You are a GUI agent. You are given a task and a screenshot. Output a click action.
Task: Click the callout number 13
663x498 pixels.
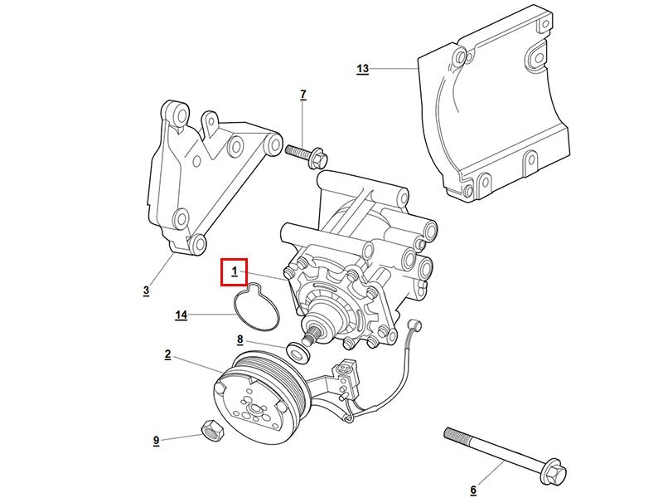362,69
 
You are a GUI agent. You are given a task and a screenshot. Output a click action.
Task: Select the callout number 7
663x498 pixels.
302,95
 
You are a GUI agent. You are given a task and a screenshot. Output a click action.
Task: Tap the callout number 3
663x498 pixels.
146,290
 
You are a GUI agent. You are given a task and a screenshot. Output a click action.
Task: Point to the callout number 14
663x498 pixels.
181,315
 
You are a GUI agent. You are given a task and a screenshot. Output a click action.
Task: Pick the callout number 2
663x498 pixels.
167,354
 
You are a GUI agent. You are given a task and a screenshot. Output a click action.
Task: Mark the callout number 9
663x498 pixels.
156,440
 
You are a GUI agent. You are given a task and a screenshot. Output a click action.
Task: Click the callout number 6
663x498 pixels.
473,490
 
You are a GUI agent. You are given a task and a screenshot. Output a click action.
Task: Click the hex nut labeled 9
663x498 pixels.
211,430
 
